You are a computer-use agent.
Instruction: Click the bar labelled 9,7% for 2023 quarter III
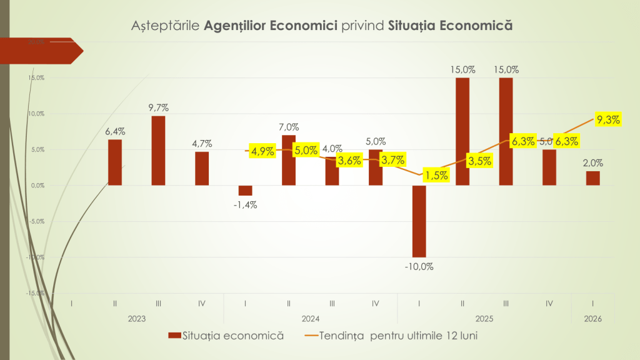pyautogui.click(x=158, y=151)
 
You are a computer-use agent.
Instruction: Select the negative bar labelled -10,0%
pyautogui.click(x=419, y=221)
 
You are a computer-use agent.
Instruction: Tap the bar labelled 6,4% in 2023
pyautogui.click(x=115, y=162)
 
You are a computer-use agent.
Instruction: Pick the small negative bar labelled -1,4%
pyautogui.click(x=245, y=191)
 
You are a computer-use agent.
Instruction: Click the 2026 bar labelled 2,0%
pyautogui.click(x=592, y=179)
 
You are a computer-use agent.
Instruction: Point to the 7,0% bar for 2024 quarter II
pyautogui.click(x=289, y=160)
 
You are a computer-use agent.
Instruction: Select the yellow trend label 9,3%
pyautogui.click(x=608, y=120)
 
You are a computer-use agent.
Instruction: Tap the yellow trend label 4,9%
pyautogui.click(x=262, y=151)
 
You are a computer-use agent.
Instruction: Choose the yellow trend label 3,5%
pyautogui.click(x=478, y=161)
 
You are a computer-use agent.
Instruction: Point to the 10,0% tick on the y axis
pyautogui.click(x=36, y=114)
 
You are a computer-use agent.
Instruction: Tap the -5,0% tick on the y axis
pyautogui.click(x=36, y=221)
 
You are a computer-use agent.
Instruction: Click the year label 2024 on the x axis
pyautogui.click(x=311, y=319)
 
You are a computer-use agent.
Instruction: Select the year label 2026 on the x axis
pyautogui.click(x=592, y=319)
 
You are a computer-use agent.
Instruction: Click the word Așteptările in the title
pyautogui.click(x=166, y=26)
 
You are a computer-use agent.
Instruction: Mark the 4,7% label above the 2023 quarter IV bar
pyautogui.click(x=202, y=144)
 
